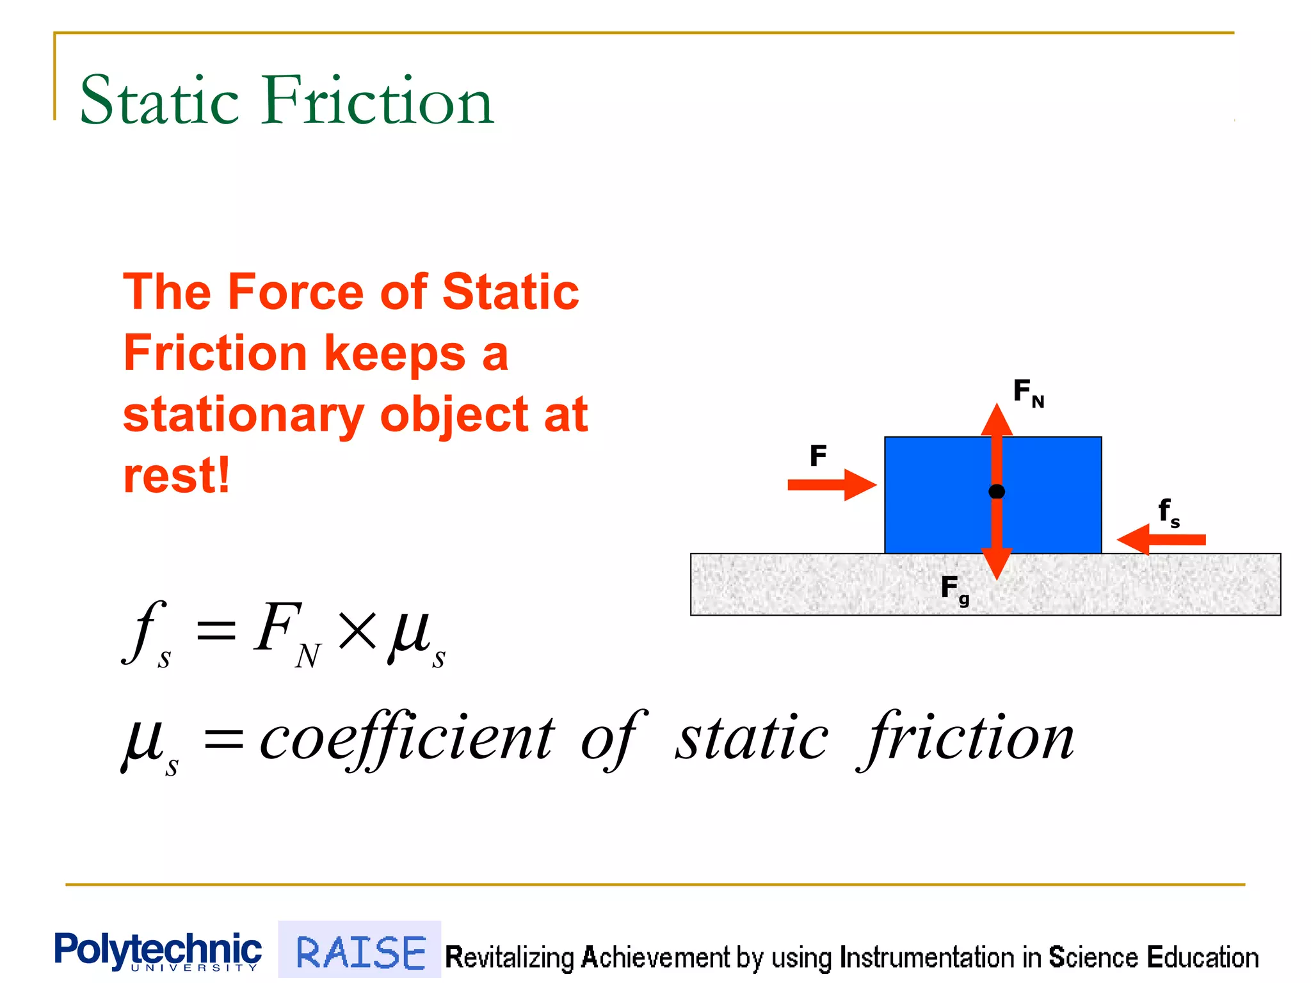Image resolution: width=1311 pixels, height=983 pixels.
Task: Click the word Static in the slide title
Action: (x=159, y=101)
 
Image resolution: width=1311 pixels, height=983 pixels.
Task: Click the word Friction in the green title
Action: (x=378, y=101)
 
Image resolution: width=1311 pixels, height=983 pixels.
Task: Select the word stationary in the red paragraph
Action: (x=243, y=416)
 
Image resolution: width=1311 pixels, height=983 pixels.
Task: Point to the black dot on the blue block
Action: (x=997, y=491)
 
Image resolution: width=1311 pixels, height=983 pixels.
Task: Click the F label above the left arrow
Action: (x=818, y=456)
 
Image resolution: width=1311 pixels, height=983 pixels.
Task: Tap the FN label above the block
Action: (x=1027, y=392)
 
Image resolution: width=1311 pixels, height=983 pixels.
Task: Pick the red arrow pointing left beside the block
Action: (x=1162, y=539)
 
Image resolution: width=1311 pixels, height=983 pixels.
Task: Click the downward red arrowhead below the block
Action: (x=997, y=563)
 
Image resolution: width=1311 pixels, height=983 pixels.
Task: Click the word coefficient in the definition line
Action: (x=407, y=739)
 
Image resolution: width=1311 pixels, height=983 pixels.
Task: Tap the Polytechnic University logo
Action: (x=157, y=952)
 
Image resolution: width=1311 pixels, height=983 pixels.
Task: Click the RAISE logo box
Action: (x=360, y=951)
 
